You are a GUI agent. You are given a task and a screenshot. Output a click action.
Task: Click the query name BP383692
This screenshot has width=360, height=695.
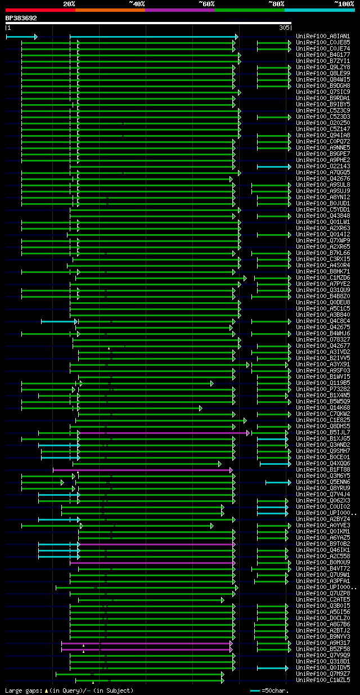(x=21, y=18)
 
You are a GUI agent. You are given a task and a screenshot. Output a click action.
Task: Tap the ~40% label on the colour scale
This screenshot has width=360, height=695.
(x=137, y=4)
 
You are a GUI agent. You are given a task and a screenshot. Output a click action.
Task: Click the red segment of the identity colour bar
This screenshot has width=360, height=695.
(x=39, y=10)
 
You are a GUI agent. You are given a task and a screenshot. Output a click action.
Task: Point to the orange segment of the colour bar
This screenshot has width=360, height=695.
(x=110, y=10)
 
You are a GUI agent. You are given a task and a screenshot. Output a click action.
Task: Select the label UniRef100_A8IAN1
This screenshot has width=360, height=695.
(x=323, y=36)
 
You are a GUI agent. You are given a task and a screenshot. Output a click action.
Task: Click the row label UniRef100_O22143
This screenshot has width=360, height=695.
(x=323, y=166)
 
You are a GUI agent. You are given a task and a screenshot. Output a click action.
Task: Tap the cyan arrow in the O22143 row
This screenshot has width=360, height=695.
(x=274, y=167)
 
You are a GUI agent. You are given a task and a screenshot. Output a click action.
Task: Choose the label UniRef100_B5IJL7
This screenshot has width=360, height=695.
(x=323, y=432)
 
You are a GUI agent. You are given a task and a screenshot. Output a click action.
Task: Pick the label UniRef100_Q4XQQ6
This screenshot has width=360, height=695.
(x=323, y=463)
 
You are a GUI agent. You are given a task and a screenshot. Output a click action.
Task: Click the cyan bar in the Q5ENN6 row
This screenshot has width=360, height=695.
(x=278, y=482)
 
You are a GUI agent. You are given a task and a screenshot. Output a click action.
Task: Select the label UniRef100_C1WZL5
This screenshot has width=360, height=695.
(x=323, y=680)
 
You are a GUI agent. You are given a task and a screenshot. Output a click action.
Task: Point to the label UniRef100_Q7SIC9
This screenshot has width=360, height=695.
(x=323, y=92)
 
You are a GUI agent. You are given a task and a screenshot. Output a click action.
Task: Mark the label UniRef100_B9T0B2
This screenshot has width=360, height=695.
(x=323, y=544)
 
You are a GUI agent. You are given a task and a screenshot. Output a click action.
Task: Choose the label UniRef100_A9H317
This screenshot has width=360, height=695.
(x=323, y=643)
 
